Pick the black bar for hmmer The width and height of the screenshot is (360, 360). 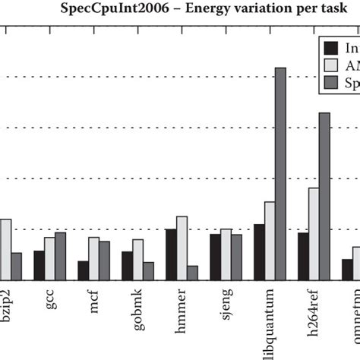click(x=171, y=254)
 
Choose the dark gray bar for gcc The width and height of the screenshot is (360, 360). click(x=61, y=256)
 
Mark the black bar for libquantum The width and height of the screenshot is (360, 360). click(x=259, y=252)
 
